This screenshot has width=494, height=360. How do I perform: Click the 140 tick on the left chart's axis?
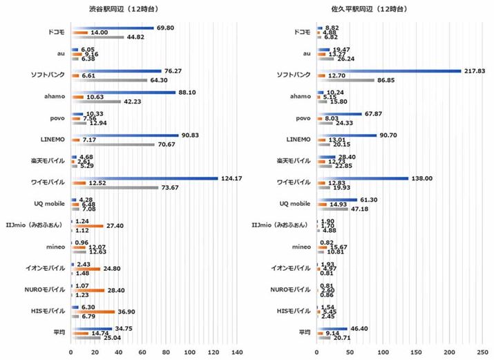click(x=236, y=352)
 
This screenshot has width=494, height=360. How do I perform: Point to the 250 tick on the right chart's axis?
click(x=483, y=352)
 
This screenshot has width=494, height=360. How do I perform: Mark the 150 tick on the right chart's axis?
click(x=417, y=352)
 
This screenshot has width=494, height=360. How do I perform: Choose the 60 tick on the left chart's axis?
click(x=142, y=352)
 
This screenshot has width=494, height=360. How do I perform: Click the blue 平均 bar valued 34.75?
click(x=91, y=329)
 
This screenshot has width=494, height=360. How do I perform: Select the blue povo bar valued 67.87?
click(x=339, y=114)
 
